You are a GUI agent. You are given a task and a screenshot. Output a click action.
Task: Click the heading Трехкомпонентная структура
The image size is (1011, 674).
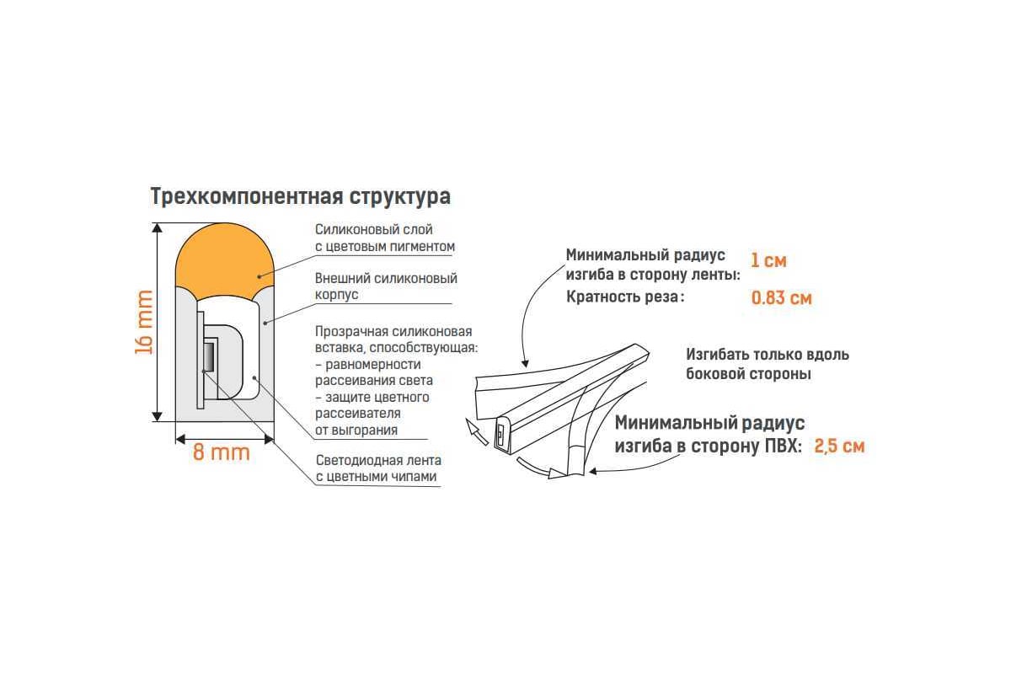pos(300,197)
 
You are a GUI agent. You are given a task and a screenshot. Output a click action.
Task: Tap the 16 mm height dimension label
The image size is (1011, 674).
pos(144,322)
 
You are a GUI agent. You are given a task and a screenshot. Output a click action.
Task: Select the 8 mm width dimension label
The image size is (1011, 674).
pos(221,452)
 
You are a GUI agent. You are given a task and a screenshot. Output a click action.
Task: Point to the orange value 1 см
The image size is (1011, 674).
pos(768,260)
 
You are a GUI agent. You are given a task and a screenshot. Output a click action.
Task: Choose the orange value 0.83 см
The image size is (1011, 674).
pos(781,298)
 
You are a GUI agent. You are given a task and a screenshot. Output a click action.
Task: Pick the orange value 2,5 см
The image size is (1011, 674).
pos(839,446)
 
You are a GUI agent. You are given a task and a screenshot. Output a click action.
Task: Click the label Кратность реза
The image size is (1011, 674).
pos(625,297)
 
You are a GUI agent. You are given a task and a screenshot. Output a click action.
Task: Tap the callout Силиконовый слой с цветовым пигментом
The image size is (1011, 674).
pos(384,238)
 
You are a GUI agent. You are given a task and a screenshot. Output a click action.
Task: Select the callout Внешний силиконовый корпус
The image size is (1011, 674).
pos(386,286)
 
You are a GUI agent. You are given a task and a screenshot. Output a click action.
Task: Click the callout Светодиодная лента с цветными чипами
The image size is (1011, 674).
pos(378,468)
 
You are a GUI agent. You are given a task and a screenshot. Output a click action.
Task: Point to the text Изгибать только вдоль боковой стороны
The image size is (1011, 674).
pos(768,364)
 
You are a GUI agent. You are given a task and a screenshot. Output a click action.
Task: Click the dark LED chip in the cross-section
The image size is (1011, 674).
pos(209,356)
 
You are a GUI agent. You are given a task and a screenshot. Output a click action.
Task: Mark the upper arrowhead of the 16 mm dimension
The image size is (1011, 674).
pos(157,227)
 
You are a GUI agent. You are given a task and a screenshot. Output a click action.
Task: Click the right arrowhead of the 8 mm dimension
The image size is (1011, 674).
pos(269,439)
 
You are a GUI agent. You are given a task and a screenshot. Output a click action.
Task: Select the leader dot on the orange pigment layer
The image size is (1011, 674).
pos(259,276)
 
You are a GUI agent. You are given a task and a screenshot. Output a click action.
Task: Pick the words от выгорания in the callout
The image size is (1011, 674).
pos(356,431)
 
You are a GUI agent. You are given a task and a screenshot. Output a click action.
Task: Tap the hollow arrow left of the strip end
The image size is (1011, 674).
pos(476,431)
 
